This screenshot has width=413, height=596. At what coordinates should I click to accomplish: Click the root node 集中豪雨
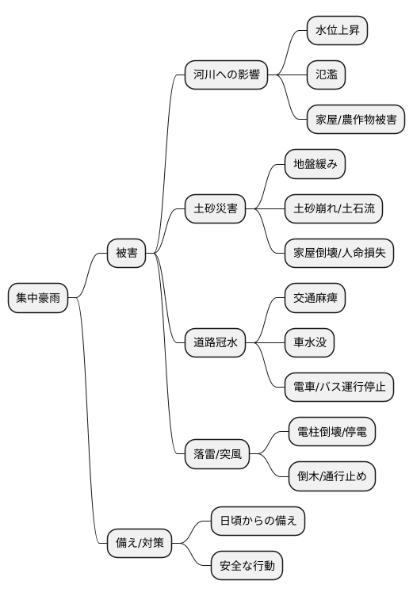point(37,298)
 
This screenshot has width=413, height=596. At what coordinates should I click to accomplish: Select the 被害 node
point(127,254)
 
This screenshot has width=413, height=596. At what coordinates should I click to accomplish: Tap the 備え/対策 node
point(139,544)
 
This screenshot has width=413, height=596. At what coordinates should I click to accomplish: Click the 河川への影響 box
point(225,76)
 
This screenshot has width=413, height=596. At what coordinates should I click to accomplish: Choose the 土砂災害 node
point(216,209)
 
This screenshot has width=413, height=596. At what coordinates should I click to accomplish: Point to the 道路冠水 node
point(216,343)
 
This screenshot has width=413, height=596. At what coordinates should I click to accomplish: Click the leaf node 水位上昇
point(337,31)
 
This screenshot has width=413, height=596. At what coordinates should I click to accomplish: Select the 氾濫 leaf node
point(326,75)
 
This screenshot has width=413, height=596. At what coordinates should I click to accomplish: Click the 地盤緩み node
point(315,165)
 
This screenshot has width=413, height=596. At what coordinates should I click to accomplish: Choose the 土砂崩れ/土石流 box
point(333,209)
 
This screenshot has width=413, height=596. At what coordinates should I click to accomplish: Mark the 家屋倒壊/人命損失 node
point(338,254)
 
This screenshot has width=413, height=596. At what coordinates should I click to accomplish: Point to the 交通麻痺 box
point(315,298)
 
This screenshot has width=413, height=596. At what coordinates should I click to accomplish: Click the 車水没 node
point(309,343)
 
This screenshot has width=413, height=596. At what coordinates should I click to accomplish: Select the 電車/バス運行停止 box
point(338,388)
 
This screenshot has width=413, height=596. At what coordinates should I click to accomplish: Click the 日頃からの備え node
point(258,521)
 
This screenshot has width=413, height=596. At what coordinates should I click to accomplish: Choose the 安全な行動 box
point(247,566)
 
